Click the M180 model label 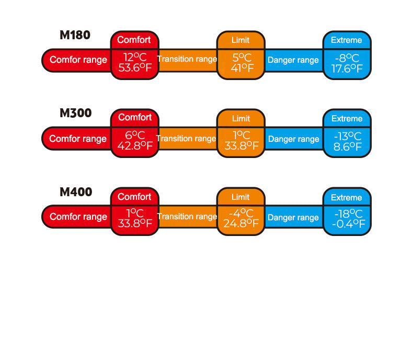(x=75, y=35)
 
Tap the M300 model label (x=76, y=113)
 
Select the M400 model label (x=76, y=192)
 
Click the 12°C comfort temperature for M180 (x=135, y=57)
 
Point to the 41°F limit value (x=242, y=68)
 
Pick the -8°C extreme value (x=347, y=58)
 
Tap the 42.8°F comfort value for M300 (x=135, y=145)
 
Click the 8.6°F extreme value (x=348, y=147)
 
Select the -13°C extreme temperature (x=348, y=136)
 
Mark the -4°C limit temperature (x=241, y=213)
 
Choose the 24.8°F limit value (x=241, y=223)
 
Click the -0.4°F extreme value (x=348, y=224)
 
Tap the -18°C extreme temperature (x=349, y=213)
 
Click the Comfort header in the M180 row (x=134, y=40)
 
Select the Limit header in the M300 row (x=240, y=119)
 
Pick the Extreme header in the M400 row (x=347, y=198)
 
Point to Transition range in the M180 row (x=187, y=59)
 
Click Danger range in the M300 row (x=294, y=139)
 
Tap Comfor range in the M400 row (x=78, y=217)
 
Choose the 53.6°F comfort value (x=135, y=67)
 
